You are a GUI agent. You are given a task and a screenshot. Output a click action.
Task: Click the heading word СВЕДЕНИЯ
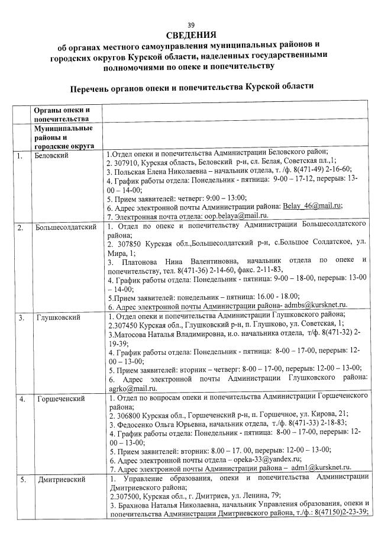coord(190,35)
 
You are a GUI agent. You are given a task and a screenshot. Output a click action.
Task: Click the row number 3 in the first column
coord(21,318)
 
